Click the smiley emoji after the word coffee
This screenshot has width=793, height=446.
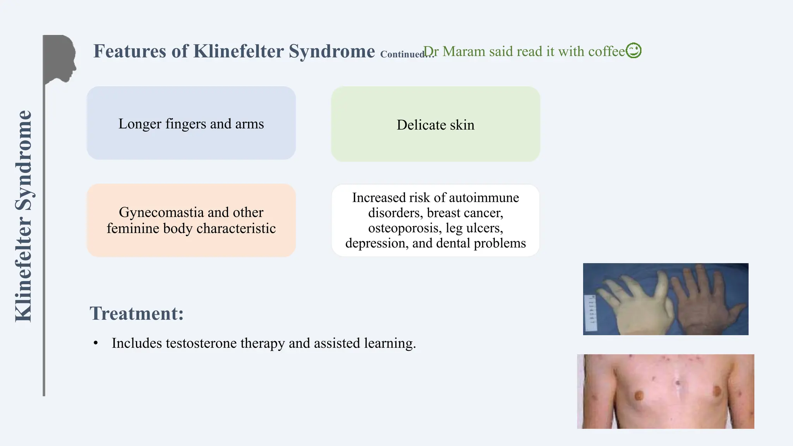[x=633, y=51]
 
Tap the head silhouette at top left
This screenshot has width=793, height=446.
[x=60, y=58]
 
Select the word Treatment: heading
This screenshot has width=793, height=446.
[x=137, y=313]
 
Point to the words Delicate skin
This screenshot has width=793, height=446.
[x=435, y=125]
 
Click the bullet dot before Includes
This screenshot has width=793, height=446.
[x=96, y=343]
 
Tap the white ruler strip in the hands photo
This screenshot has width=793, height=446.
[x=591, y=314]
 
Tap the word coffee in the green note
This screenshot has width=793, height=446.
[x=607, y=51]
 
